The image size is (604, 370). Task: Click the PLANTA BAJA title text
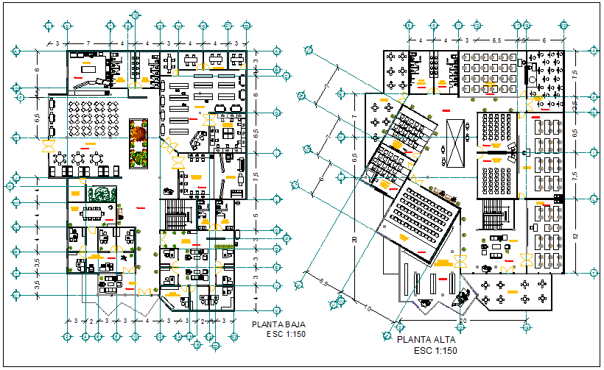coord(278,324)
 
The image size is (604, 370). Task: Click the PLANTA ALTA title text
coord(426,341)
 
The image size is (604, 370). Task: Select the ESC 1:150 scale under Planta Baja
coord(286,334)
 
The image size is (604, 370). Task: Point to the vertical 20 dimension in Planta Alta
coord(354,239)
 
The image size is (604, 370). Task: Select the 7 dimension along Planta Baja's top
coord(88,43)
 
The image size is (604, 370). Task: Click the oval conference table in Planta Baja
coord(93,213)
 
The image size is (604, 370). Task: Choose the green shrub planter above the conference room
coord(101,194)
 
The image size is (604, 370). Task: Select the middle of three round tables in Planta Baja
coord(79,157)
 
